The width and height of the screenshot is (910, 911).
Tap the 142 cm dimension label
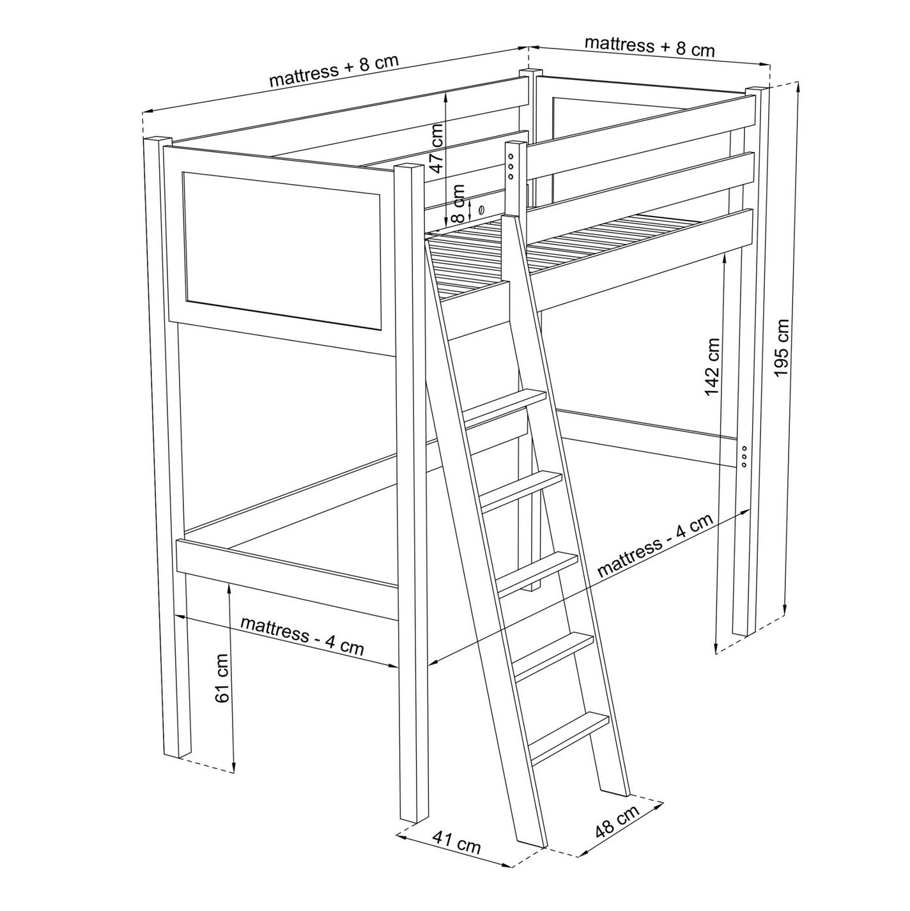pos(713,367)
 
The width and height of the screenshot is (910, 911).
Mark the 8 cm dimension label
pos(458,204)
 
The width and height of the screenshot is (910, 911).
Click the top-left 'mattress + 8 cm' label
pos(334,70)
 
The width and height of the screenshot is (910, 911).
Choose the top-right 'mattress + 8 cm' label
pos(649,46)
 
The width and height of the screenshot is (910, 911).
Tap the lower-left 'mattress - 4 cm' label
pos(302,636)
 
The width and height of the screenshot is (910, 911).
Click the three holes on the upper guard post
pos(511,165)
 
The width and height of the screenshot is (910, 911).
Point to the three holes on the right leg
pos(745,457)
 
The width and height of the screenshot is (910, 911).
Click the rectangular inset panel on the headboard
pos(282,250)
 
